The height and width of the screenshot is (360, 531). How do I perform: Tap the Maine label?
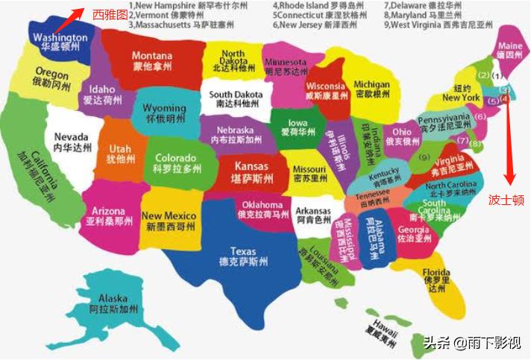tap(510, 50)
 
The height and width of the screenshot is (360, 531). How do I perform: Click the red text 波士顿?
tap(506, 200)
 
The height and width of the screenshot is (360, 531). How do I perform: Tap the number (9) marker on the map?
tap(424, 157)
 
